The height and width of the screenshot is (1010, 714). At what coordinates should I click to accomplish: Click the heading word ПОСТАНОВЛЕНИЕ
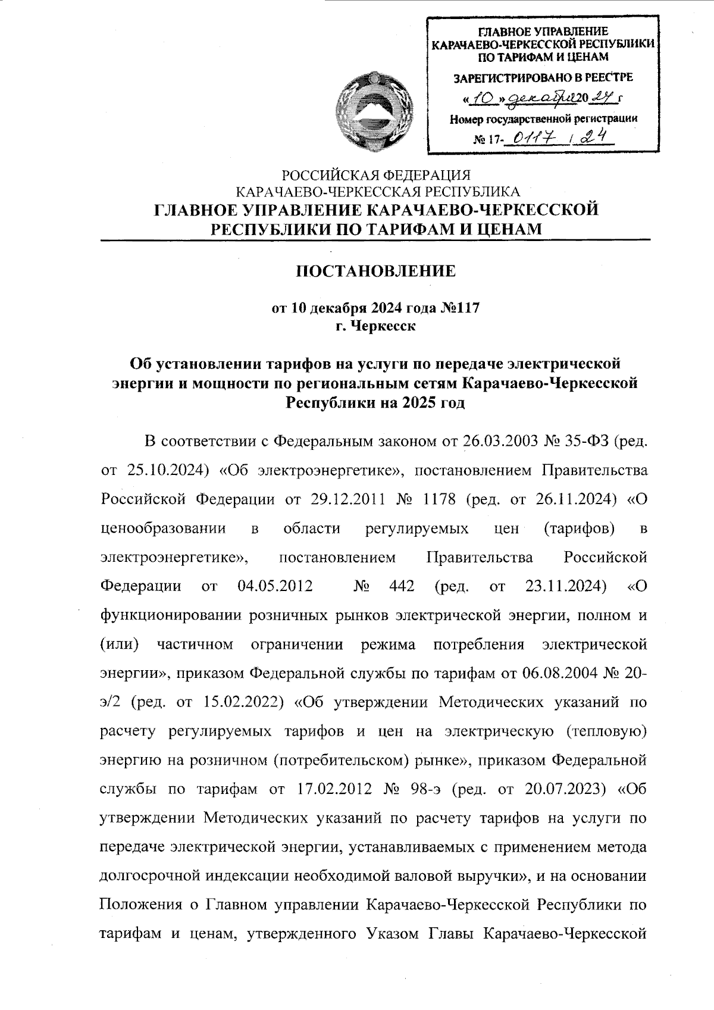point(376,271)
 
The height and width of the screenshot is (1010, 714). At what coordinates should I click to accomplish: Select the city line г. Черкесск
point(375,326)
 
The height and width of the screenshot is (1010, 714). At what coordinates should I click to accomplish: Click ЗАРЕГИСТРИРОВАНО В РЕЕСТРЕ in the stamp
point(543,77)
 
